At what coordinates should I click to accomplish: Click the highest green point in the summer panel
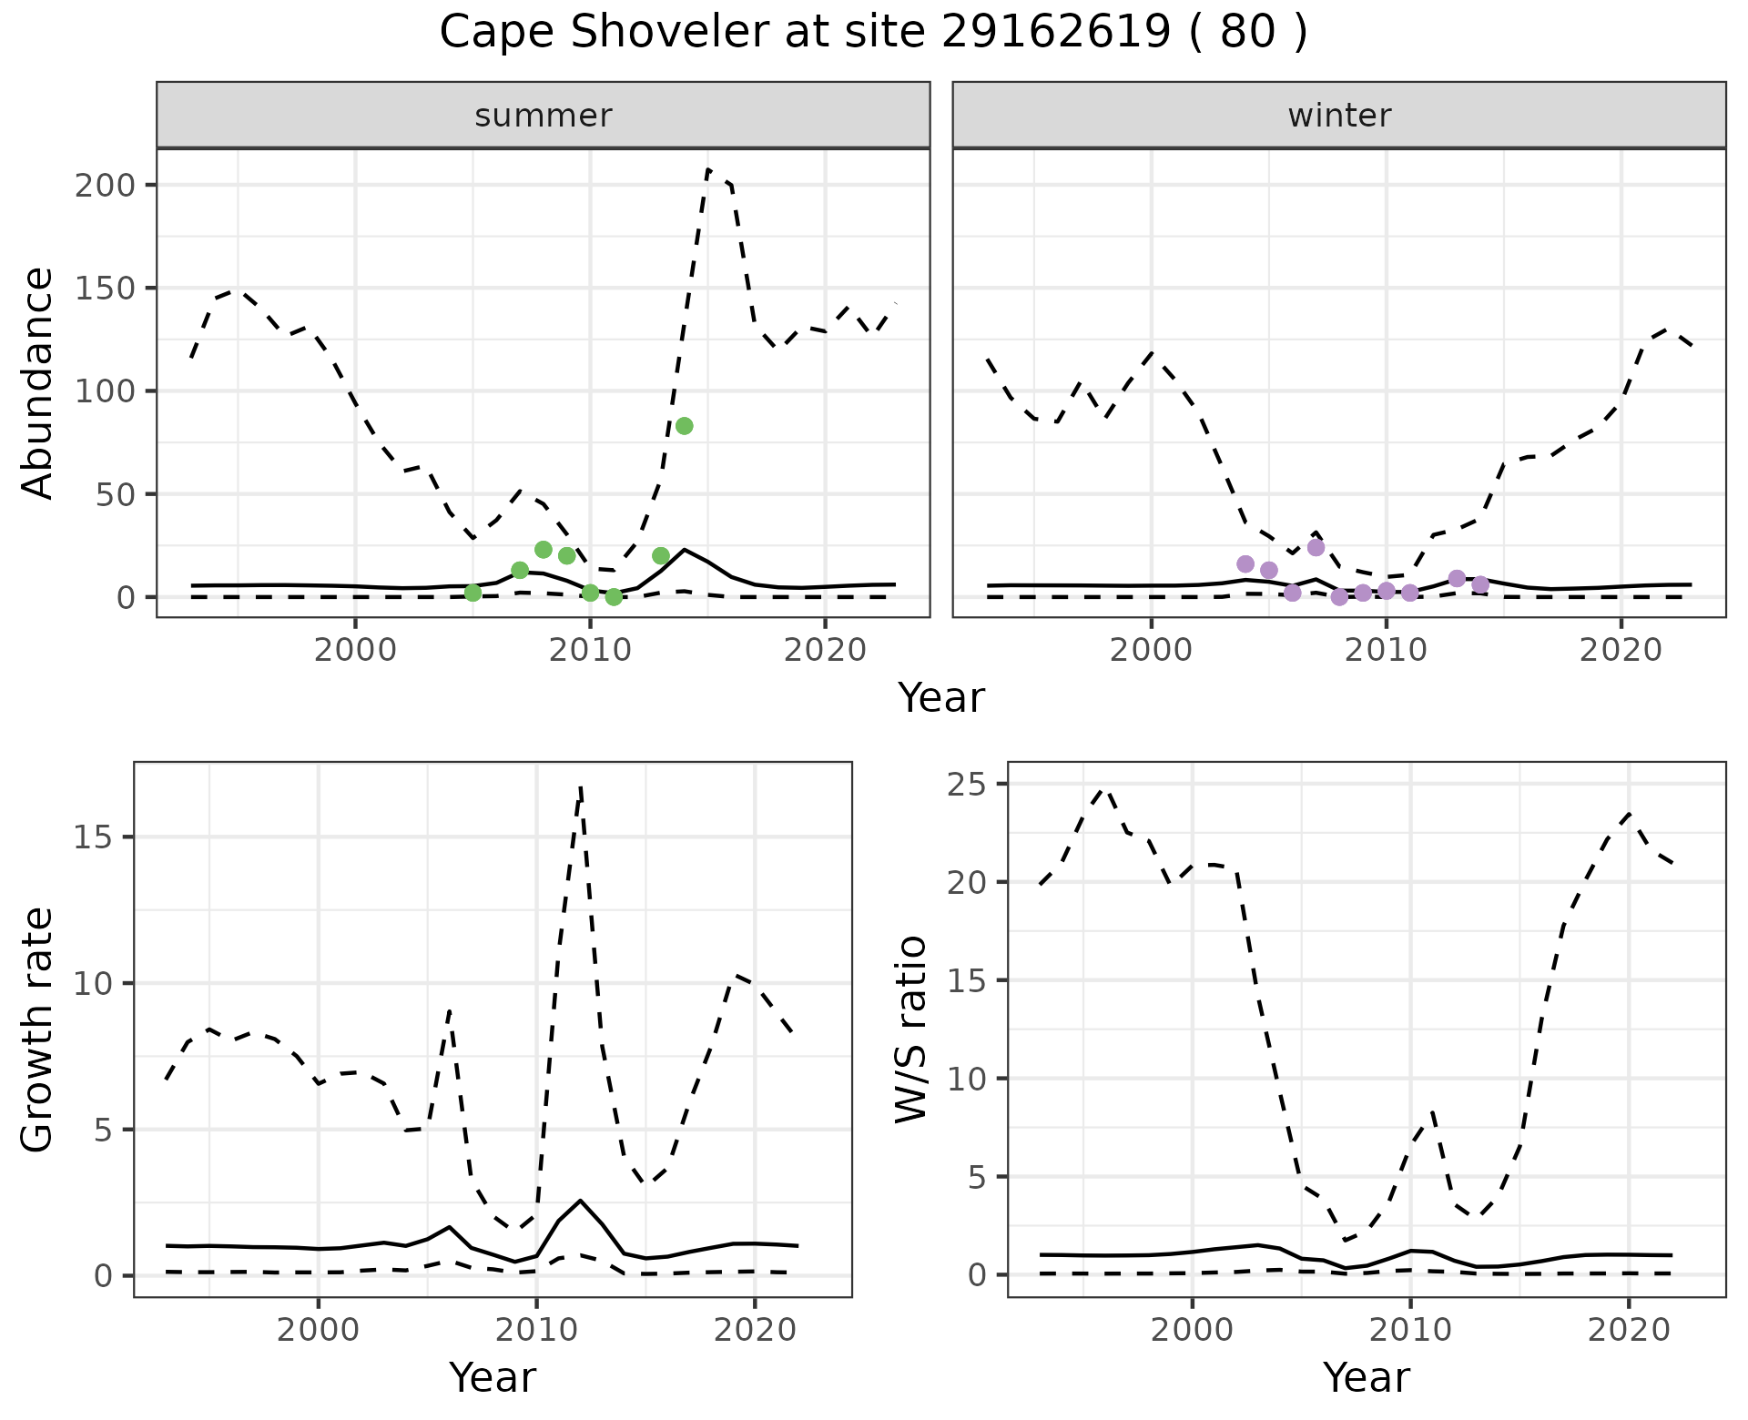pyautogui.click(x=685, y=426)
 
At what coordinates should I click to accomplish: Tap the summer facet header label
pyautogui.click(x=544, y=116)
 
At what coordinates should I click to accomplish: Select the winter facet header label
pyautogui.click(x=1339, y=116)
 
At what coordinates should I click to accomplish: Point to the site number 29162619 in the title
pyautogui.click(x=1055, y=33)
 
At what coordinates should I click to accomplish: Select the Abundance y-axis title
pyautogui.click(x=38, y=383)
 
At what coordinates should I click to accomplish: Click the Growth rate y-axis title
pyautogui.click(x=38, y=1029)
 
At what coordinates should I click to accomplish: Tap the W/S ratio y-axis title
pyautogui.click(x=911, y=1029)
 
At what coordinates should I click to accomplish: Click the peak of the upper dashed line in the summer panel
pyautogui.click(x=708, y=170)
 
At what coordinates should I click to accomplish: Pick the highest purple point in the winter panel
pyautogui.click(x=1316, y=547)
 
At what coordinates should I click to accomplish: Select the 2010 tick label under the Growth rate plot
pyautogui.click(x=536, y=1330)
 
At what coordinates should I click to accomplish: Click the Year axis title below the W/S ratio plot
pyautogui.click(x=1367, y=1377)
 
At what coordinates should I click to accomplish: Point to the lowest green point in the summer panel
pyautogui.click(x=614, y=597)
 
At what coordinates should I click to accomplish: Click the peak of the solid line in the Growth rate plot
pyautogui.click(x=581, y=1201)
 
